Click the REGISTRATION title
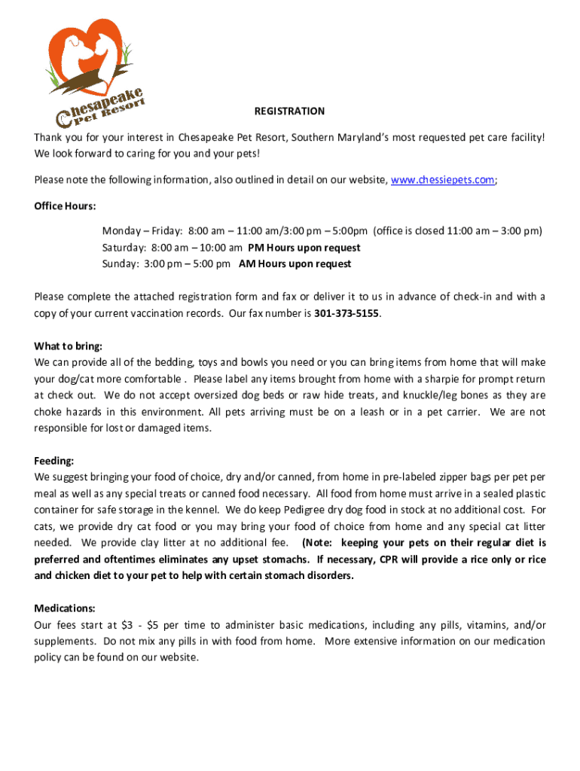point(289,111)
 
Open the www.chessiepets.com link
point(443,180)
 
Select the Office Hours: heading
point(65,206)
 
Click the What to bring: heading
point(68,346)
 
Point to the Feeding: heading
point(54,461)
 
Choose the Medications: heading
point(65,608)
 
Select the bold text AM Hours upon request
point(295,264)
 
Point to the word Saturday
point(124,248)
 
